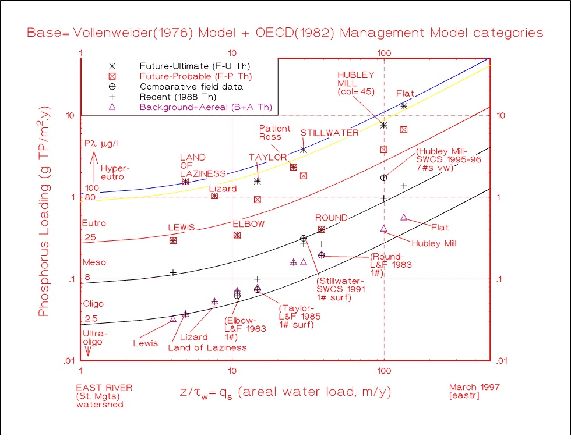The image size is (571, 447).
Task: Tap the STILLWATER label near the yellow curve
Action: (329, 133)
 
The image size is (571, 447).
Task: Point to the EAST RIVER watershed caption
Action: (100, 395)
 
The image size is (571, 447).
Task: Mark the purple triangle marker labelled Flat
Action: (404, 217)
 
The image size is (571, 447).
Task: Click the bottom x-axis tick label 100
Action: (383, 371)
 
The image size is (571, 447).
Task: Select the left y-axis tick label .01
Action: (69, 361)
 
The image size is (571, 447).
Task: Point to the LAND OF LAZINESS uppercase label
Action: (202, 165)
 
